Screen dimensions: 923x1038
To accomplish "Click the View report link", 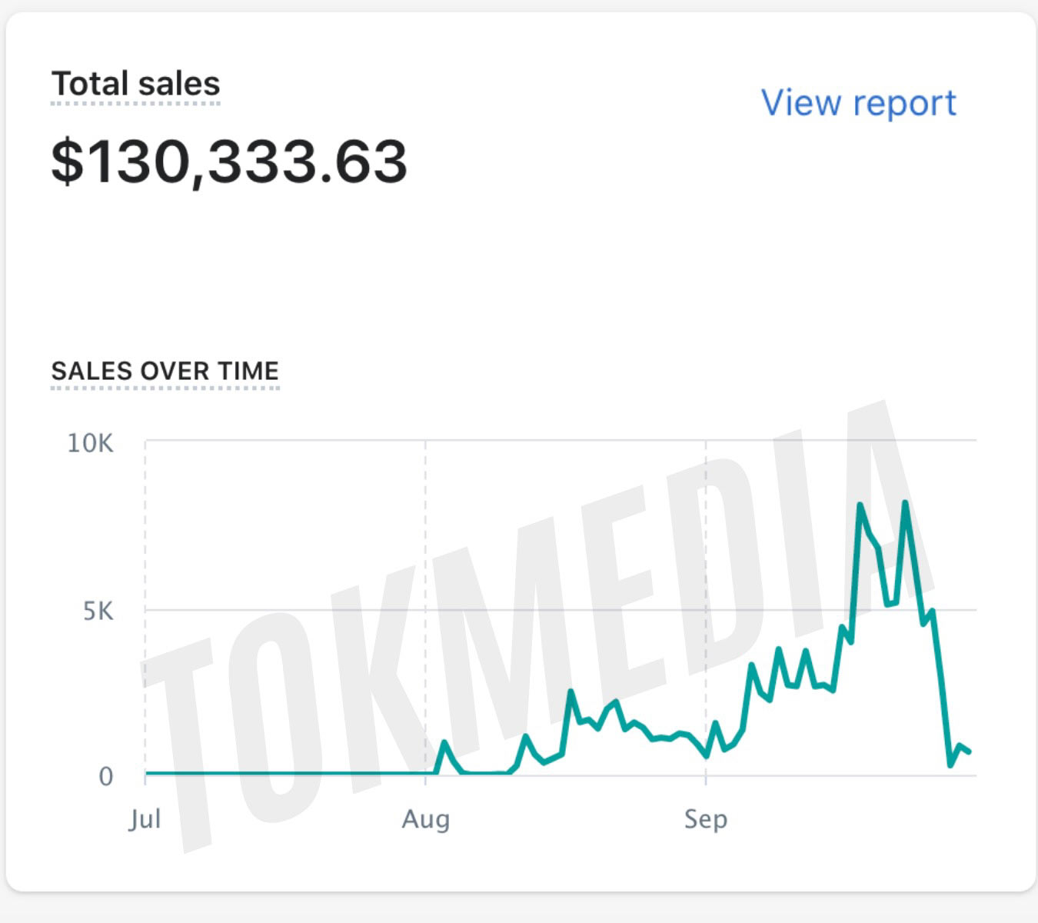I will (858, 103).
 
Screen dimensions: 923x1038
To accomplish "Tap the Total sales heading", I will (135, 84).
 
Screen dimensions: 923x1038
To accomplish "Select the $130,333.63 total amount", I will (229, 162).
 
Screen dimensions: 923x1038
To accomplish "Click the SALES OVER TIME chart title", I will (165, 371).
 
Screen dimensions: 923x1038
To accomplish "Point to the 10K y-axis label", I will (90, 444).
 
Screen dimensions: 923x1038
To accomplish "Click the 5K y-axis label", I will (98, 611).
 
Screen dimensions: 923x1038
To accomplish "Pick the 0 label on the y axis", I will (106, 777).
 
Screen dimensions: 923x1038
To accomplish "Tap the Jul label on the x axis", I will (145, 819).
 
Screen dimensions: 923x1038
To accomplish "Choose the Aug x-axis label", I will (425, 819).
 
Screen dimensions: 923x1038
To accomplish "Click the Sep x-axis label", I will (705, 819).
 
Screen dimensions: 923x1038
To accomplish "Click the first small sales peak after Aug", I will (444, 742).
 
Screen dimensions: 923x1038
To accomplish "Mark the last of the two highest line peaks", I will (906, 503).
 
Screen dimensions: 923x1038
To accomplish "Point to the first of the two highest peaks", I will (860, 505).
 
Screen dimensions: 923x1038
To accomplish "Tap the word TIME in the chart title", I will (248, 371).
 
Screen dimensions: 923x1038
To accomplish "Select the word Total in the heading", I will (89, 84).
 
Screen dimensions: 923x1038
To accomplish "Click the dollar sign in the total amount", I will (67, 162).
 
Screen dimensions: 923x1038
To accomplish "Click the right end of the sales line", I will (970, 751).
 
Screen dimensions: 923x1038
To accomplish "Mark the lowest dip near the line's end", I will (951, 765).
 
